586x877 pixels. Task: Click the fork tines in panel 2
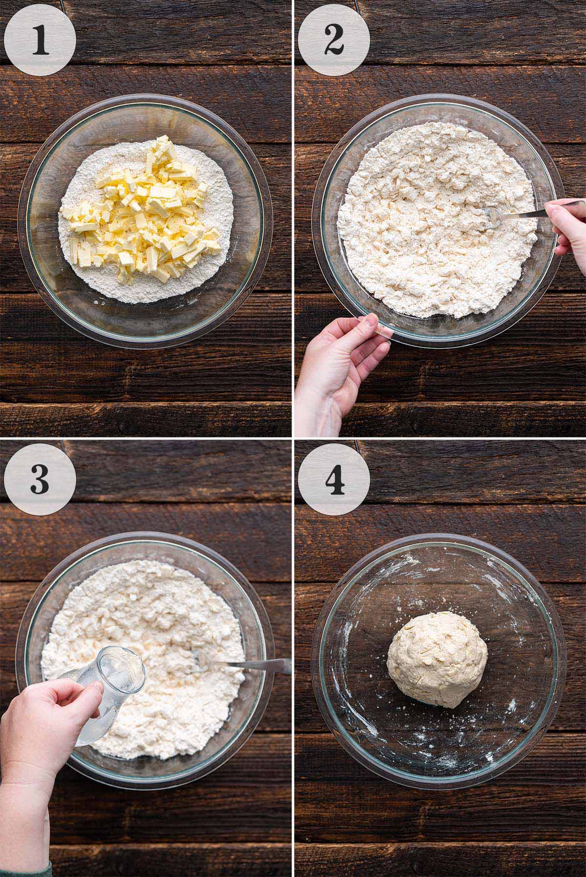[488, 215]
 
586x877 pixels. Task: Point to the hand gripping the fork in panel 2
[569, 229]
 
